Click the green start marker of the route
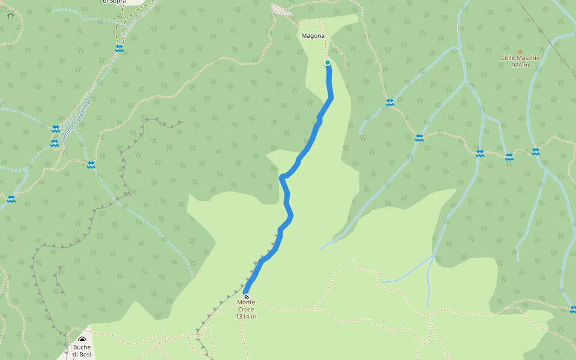328,62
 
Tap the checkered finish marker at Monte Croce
246,296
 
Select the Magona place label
313,36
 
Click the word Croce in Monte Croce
246,309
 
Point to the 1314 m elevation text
246,316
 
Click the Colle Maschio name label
520,58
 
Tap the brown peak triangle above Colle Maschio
520,52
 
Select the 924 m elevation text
520,65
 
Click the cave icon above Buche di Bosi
82,340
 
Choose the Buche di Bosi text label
82,350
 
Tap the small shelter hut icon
10,16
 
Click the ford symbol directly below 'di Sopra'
119,48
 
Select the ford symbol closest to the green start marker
390,103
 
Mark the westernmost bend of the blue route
281,176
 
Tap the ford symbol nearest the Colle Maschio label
535,151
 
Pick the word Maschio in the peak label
527,58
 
